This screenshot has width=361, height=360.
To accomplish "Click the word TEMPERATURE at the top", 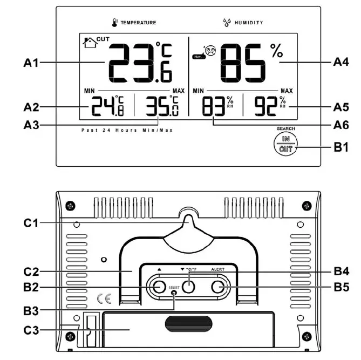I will click(138, 23).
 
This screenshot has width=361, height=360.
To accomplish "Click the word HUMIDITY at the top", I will click(249, 23).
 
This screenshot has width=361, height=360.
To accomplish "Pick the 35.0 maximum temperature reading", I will click(161, 106).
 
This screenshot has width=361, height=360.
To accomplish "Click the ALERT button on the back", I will click(218, 287).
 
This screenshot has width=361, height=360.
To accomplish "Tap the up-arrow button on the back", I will click(158, 287).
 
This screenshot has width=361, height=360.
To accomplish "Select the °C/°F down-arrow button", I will click(188, 286).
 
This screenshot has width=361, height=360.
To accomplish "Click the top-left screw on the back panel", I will click(69, 206).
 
